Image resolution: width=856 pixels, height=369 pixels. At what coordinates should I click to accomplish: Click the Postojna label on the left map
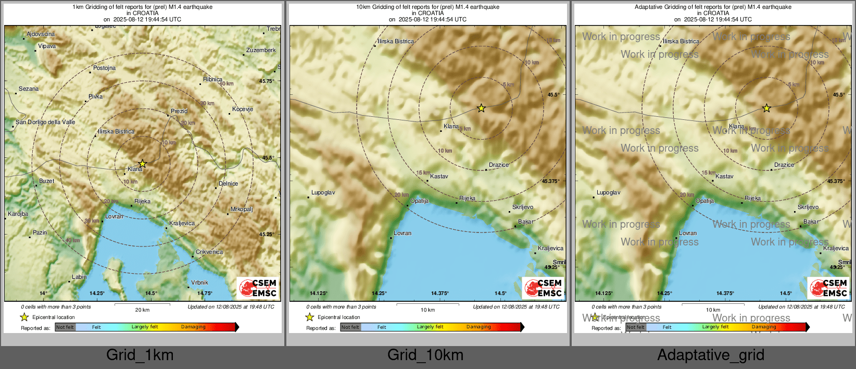pos(104,68)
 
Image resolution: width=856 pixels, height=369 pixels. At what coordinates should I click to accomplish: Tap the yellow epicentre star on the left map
pos(142,164)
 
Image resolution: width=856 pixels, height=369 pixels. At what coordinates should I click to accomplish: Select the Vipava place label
pos(47,46)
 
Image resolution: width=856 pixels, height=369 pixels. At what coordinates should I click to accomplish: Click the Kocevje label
pos(243,109)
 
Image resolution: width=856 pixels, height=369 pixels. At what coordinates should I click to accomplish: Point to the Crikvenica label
pos(209,252)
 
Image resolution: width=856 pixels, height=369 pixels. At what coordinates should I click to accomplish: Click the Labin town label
pos(79,277)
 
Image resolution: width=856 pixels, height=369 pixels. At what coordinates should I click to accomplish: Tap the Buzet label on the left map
pos(46,181)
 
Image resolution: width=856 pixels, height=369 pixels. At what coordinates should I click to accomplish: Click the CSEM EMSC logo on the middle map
pos(543,288)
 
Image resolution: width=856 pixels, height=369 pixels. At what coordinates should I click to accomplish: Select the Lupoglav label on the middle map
pos(323,192)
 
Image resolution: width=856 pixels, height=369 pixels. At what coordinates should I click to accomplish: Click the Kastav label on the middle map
pos(439,176)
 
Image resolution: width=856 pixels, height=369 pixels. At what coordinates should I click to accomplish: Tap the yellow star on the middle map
pos(481,108)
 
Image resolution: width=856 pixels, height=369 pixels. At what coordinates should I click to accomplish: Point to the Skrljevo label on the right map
pos(808,207)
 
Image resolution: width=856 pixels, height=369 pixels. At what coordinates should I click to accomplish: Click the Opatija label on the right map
pos(704,201)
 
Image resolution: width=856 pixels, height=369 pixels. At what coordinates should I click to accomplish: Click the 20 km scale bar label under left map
pos(142,310)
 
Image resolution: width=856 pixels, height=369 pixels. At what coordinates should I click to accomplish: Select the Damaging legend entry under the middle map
pos(479,327)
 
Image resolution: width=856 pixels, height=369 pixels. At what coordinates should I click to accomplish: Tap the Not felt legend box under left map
pos(65,327)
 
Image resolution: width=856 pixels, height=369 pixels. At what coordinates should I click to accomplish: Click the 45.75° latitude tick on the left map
pos(266,81)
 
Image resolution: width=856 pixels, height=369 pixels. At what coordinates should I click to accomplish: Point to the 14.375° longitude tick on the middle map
pos(440,293)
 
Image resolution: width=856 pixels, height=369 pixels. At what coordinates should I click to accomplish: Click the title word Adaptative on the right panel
pos(648,7)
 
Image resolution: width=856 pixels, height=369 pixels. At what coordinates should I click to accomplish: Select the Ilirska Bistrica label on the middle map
pos(396,41)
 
